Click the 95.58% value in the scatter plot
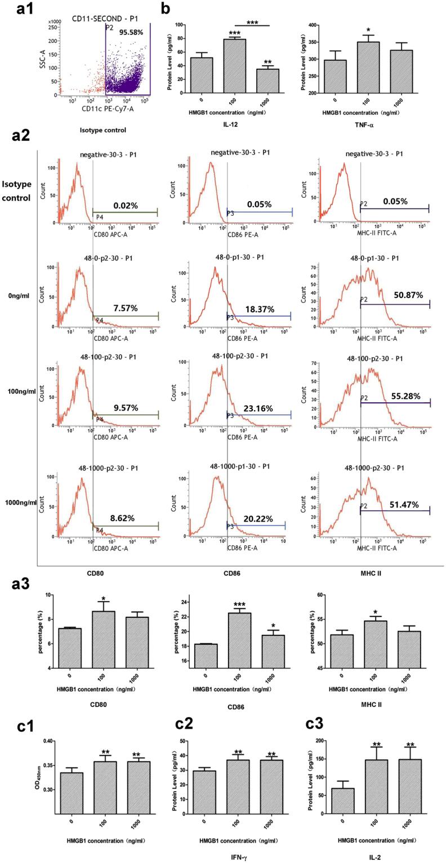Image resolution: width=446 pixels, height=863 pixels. click(131, 33)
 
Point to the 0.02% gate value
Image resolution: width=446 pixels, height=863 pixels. click(125, 206)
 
